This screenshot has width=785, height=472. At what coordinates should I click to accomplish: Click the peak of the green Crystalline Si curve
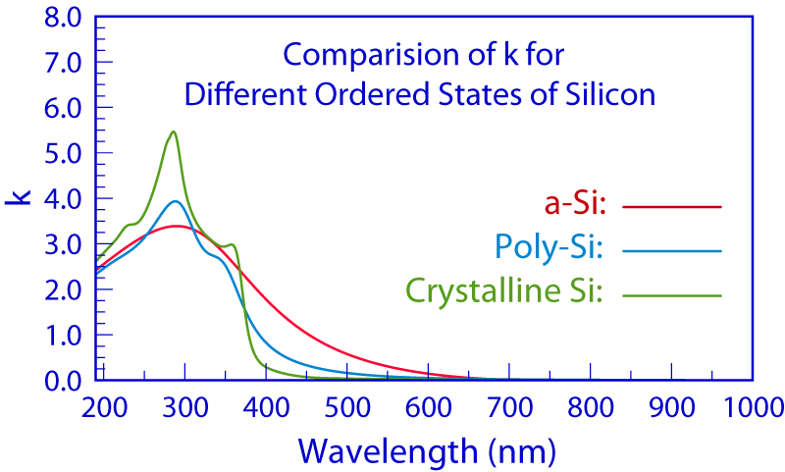174,131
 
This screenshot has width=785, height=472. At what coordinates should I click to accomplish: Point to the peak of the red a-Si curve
177,226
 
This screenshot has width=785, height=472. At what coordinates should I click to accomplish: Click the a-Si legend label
576,206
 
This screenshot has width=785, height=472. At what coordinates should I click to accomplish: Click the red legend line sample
672,207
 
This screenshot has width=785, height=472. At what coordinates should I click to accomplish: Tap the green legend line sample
672,294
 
